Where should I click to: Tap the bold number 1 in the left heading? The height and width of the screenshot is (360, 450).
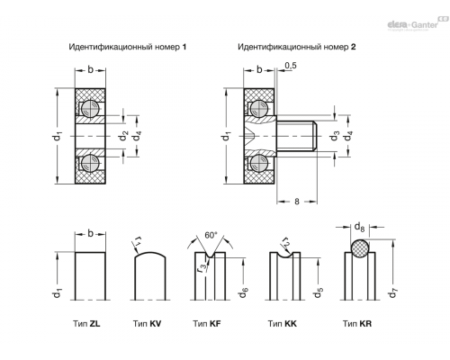pyautogui.click(x=184, y=47)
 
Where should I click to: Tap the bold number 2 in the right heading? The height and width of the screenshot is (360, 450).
pyautogui.click(x=353, y=47)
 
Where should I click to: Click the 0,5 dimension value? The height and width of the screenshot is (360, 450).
pyautogui.click(x=291, y=66)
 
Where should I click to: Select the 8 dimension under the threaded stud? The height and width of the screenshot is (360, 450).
pyautogui.click(x=297, y=202)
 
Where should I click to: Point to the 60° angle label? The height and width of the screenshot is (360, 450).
pyautogui.click(x=211, y=235)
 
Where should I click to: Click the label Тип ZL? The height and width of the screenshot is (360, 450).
pyautogui.click(x=86, y=324)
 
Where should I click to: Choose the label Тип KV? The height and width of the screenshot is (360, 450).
pyautogui.click(x=147, y=324)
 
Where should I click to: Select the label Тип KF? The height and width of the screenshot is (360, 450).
pyautogui.click(x=207, y=324)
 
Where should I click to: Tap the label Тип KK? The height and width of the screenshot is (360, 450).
pyautogui.click(x=282, y=324)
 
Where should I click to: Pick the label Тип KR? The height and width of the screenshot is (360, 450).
pyautogui.click(x=357, y=324)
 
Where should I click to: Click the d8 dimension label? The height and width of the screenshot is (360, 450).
pyautogui.click(x=359, y=227)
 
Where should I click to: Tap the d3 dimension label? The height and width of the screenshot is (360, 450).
pyautogui.click(x=334, y=136)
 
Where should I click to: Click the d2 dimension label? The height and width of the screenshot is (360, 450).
pyautogui.click(x=123, y=136)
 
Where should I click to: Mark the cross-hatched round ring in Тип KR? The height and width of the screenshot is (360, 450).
pyautogui.click(x=360, y=248)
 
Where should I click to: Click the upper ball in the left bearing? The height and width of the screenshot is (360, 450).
pyautogui.click(x=90, y=109)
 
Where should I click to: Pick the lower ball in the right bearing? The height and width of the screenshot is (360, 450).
pyautogui.click(x=259, y=163)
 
